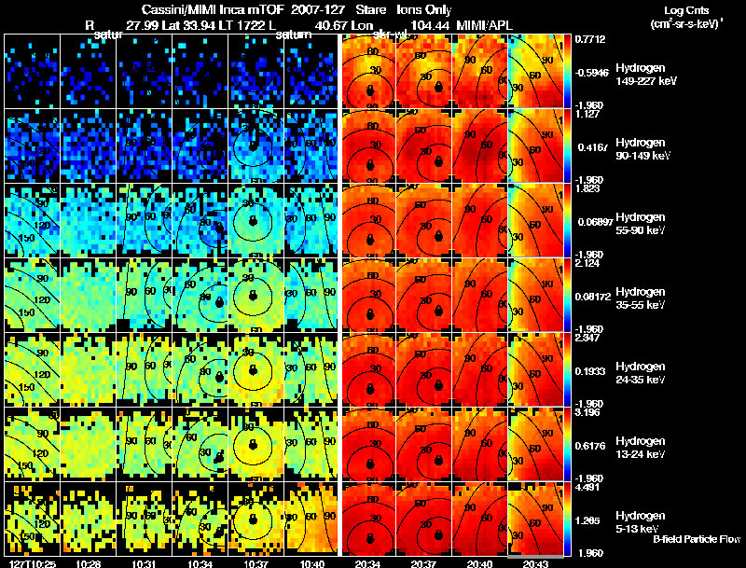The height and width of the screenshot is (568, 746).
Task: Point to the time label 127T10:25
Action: [x=30, y=562]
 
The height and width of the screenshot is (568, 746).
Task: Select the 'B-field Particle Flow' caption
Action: [x=696, y=539]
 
